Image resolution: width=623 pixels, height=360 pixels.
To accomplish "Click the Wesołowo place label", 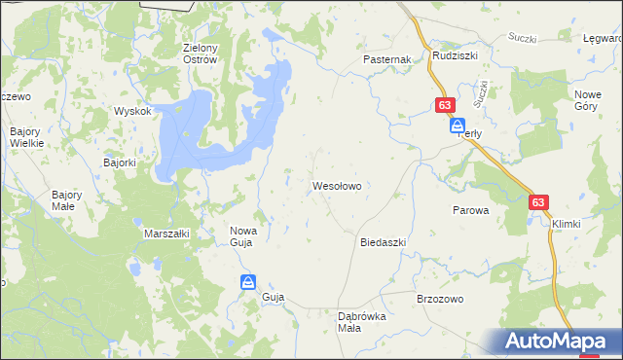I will pos(337,184).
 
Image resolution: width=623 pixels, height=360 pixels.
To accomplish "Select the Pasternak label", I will pos(387,59).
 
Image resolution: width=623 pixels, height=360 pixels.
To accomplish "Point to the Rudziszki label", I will pos(455,55).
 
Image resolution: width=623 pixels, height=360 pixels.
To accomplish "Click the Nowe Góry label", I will pos(587,100).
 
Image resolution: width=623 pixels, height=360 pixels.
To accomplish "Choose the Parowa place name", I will pos(469,209).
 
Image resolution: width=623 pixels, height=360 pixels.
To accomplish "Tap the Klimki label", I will pos(566,224).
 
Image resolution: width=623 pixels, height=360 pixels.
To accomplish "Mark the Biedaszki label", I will pos(383,241).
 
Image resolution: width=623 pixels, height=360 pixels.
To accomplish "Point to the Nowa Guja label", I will pos(241,236).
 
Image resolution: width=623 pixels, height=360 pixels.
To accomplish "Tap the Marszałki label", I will pos(166,234).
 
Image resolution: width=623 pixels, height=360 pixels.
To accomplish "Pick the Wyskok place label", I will pos(132,111).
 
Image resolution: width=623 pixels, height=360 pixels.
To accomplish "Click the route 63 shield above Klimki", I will pos(540,202).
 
